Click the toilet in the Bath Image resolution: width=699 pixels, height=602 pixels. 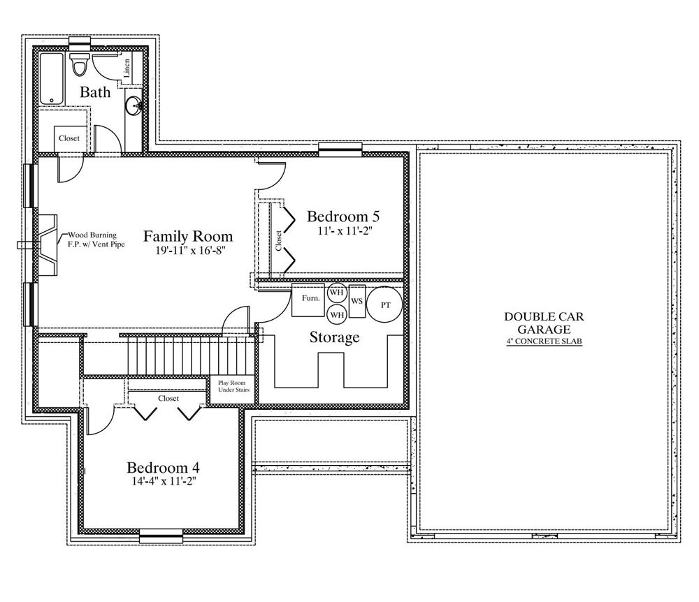click(80, 64)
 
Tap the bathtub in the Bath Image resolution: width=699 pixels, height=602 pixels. click(51, 78)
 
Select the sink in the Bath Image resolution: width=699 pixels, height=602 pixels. click(134, 106)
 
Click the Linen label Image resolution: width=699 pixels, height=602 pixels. click(127, 68)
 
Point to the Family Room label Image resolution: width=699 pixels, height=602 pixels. click(187, 236)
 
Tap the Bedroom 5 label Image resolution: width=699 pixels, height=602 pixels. click(343, 216)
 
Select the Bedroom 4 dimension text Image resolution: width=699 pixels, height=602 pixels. click(164, 481)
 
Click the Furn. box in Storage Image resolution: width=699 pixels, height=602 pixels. click(308, 300)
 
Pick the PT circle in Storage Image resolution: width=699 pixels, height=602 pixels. click(384, 305)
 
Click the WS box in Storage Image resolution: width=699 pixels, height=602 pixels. click(357, 301)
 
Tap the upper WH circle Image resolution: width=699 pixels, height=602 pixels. click(337, 293)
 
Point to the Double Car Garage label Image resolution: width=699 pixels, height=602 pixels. click(544, 323)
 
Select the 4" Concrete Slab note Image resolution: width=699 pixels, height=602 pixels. click(544, 342)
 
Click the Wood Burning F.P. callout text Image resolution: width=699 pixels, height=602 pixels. click(96, 240)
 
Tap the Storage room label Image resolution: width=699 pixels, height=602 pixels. click(334, 337)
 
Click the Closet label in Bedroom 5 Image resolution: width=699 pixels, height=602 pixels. click(279, 240)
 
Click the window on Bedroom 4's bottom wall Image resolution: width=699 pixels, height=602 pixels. click(161, 536)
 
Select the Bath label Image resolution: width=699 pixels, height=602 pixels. click(95, 92)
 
